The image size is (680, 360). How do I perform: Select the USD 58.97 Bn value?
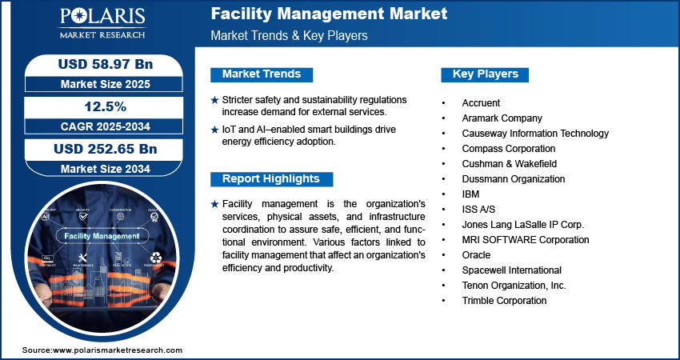[105, 63]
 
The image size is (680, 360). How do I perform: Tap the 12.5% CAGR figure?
[105, 106]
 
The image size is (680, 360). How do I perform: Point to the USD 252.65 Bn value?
[105, 149]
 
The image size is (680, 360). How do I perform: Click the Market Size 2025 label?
[105, 83]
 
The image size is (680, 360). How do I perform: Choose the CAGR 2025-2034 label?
[105, 126]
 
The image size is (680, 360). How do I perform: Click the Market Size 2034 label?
[105, 169]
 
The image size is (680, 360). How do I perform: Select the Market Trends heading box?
[262, 74]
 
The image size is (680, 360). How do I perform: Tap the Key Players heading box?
[486, 74]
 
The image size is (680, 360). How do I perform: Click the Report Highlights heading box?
[270, 178]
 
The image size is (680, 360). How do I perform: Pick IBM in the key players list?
[470, 194]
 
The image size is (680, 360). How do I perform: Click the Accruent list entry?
[481, 103]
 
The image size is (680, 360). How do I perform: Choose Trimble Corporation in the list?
[504, 301]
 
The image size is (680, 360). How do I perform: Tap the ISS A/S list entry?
[478, 210]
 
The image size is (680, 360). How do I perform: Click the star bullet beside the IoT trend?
[214, 129]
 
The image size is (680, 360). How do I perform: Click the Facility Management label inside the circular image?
[102, 236]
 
